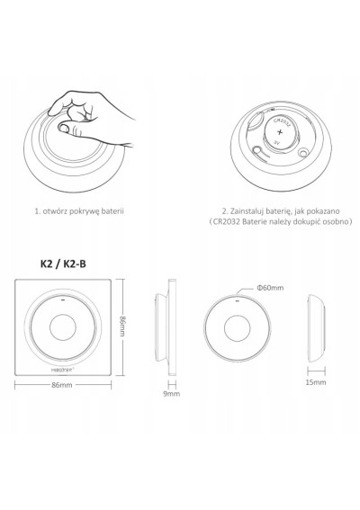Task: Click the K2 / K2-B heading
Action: tap(63, 264)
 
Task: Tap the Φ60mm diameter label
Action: tap(270, 288)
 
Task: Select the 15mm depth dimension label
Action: tap(315, 382)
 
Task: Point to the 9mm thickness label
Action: tap(172, 394)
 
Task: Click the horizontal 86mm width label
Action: tap(62, 385)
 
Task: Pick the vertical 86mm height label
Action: tap(122, 327)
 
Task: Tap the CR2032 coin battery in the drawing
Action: tap(280, 133)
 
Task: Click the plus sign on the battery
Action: tap(280, 132)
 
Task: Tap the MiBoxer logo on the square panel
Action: tap(63, 370)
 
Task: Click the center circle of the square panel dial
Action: tap(63, 327)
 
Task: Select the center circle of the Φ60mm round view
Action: tap(238, 327)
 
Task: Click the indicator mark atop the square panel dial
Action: tap(63, 300)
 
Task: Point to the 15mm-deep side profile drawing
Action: tap(317, 327)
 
